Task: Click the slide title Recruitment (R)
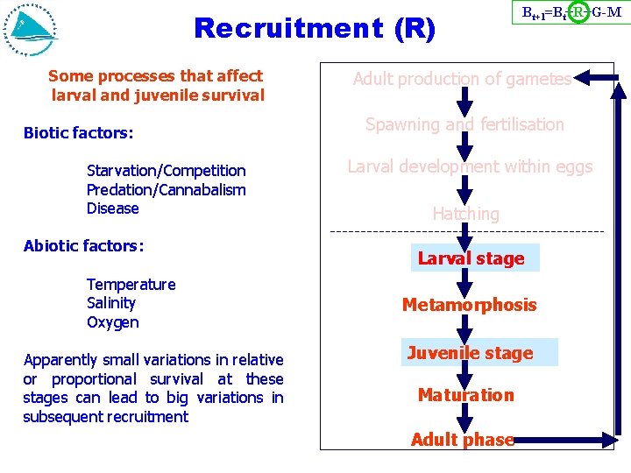[314, 28]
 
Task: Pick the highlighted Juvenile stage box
[470, 353]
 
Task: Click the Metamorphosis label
[469, 305]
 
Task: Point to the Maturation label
[465, 395]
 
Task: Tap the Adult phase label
[462, 440]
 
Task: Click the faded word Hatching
[465, 214]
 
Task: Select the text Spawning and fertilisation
[464, 124]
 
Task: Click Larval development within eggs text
[470, 166]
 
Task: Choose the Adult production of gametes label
[462, 79]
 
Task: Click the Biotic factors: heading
[78, 133]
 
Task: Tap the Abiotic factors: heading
[83, 246]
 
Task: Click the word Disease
[112, 208]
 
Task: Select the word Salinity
[111, 303]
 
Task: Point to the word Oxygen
[112, 322]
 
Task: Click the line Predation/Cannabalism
[166, 190]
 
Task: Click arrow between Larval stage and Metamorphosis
[465, 282]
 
